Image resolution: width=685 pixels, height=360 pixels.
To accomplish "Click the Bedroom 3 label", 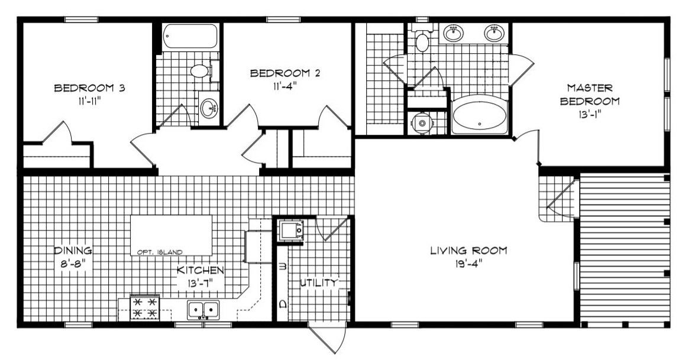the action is (x=89, y=88).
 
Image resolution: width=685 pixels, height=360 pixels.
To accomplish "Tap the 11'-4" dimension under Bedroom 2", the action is (x=285, y=86).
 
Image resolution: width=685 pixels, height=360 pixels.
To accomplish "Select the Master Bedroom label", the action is (x=590, y=95).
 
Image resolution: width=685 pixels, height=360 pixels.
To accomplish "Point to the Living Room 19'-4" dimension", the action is (x=468, y=264).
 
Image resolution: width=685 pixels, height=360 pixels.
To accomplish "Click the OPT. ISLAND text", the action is (x=160, y=252).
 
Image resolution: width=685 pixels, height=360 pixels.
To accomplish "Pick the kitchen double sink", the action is (x=203, y=310).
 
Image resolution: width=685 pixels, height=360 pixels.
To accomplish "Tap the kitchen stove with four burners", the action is (x=144, y=307).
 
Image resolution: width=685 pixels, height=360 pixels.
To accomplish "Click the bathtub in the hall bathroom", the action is (x=190, y=36).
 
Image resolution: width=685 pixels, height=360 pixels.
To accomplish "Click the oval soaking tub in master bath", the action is (x=480, y=115).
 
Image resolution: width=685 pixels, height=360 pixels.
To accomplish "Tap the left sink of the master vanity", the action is (x=454, y=33).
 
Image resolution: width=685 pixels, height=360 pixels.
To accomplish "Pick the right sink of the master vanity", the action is (x=494, y=33).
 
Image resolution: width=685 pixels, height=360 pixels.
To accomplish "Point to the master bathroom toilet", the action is (x=422, y=38).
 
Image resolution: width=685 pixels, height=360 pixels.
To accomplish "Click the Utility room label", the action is (x=319, y=283).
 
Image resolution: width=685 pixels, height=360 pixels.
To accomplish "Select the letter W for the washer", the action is (x=282, y=266).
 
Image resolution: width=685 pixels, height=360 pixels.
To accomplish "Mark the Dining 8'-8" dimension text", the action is (x=73, y=264).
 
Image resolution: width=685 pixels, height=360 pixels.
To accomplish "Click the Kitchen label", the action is (x=200, y=271).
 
